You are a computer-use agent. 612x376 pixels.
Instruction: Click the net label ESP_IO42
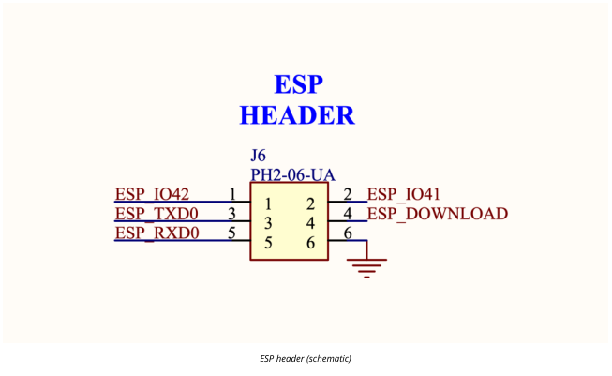click(152, 194)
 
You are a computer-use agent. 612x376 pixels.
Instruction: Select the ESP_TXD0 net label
click(157, 214)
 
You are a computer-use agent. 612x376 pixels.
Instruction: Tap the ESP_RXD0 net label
click(157, 233)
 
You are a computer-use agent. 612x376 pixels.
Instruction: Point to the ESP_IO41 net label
click(404, 194)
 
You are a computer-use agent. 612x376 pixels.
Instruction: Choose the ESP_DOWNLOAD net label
click(438, 214)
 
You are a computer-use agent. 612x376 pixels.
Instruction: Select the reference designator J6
click(258, 156)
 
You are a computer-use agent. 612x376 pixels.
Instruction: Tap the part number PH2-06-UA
click(292, 175)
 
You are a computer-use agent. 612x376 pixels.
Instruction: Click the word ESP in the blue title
click(299, 84)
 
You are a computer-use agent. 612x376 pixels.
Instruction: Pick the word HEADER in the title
click(297, 115)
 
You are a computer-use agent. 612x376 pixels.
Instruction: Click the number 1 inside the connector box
click(268, 203)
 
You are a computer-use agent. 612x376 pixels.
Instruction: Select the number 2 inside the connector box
click(310, 203)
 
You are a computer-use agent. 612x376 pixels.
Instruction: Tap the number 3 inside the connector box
click(268, 223)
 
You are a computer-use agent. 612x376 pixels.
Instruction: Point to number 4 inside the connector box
click(310, 223)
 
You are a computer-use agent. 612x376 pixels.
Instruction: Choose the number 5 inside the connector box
click(268, 243)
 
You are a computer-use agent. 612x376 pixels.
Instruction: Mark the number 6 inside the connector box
click(310, 243)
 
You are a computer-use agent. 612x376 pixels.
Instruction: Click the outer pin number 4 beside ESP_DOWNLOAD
click(348, 214)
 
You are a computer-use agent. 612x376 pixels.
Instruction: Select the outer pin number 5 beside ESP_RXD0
click(231, 233)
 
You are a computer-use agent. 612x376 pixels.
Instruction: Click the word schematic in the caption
click(329, 358)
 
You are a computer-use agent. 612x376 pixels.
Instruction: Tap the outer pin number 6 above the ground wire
click(348, 233)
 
